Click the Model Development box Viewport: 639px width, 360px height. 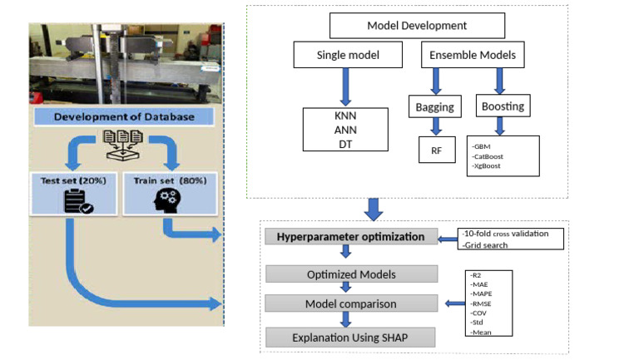[405, 26]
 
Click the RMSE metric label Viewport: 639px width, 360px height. [482, 303]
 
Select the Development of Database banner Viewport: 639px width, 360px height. [124, 117]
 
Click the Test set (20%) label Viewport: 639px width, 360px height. [70, 178]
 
